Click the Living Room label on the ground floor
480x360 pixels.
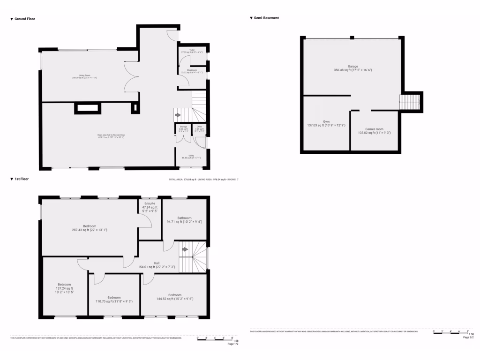pyautogui.click(x=84, y=76)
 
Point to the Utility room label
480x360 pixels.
pyautogui.click(x=192, y=157)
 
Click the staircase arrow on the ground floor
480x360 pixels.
pyautogui.click(x=178, y=114)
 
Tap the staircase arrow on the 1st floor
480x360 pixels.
pyautogui.click(x=185, y=249)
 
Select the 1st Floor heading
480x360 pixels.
pyautogui.click(x=22, y=179)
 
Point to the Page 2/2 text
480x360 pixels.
pyautogui.click(x=468, y=337)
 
